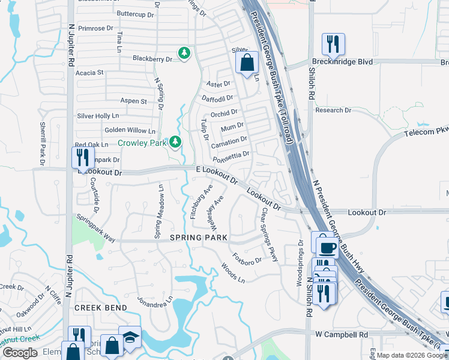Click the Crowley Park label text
(142, 143)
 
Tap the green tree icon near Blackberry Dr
(185, 54)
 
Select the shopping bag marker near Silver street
(247, 62)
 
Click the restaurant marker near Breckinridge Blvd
(333, 44)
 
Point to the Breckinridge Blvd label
(342, 62)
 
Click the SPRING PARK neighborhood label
(199, 238)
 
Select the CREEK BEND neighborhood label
(101, 308)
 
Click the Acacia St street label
(90, 73)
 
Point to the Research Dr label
(333, 110)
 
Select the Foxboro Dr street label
(248, 260)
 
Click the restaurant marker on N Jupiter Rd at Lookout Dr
(82, 157)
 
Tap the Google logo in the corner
(20, 353)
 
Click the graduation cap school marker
(130, 338)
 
